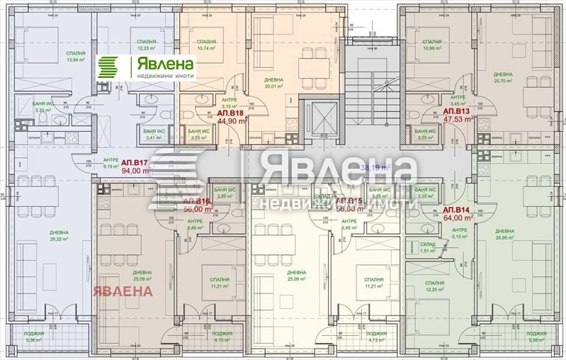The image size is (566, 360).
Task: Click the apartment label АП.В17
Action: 135,162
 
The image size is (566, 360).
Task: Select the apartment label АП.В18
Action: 230,113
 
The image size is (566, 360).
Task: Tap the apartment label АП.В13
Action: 457,112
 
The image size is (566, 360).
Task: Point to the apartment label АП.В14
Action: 457,211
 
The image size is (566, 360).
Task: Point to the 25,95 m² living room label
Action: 504,235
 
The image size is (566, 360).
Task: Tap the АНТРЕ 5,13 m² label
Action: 460,234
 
